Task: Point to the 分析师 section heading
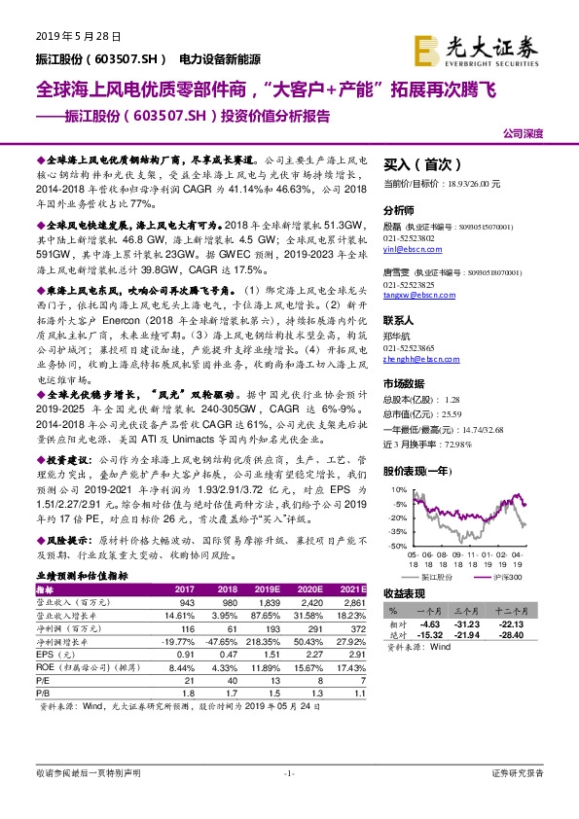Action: pyautogui.click(x=399, y=210)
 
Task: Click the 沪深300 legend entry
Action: pyautogui.click(x=505, y=577)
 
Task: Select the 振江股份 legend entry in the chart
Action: pyautogui.click(x=438, y=577)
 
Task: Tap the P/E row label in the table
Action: pyautogui.click(x=45, y=681)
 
